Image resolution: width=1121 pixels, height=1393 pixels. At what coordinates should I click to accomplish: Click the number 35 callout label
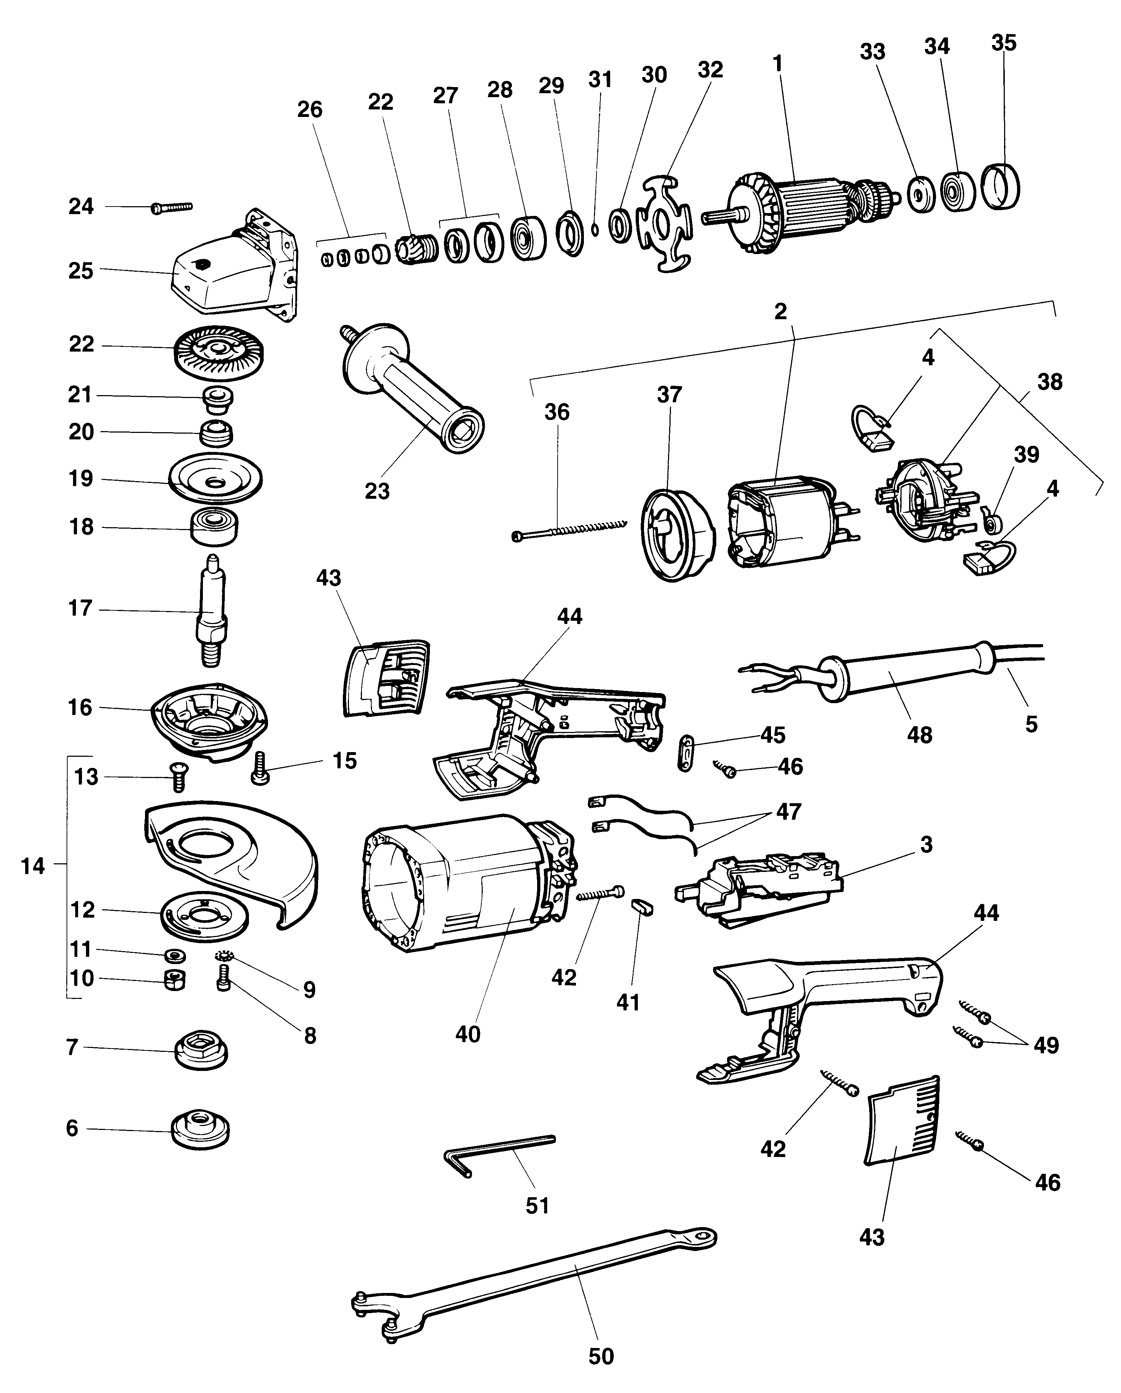1003,43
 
